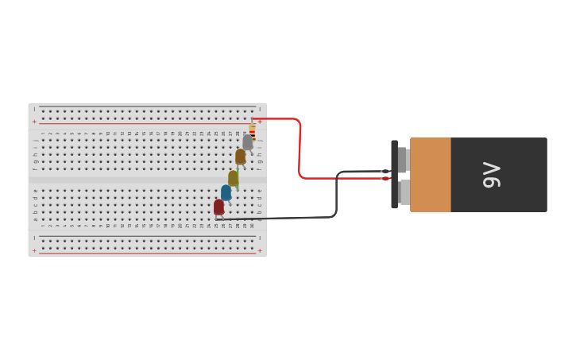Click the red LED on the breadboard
click(x=218, y=207)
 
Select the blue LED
click(x=226, y=192)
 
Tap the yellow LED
click(x=233, y=178)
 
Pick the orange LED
click(x=240, y=157)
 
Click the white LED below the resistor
click(x=247, y=142)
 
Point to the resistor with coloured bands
click(x=253, y=129)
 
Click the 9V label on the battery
click(x=492, y=175)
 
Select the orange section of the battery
click(x=431, y=175)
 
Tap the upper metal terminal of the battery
click(x=403, y=159)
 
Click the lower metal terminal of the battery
click(x=404, y=192)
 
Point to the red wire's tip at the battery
click(x=386, y=178)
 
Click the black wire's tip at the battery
click(x=385, y=171)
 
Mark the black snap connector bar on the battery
click(x=394, y=175)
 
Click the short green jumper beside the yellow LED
click(x=238, y=180)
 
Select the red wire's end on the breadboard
click(x=253, y=119)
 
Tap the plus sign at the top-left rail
click(x=34, y=122)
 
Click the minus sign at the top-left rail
click(x=34, y=109)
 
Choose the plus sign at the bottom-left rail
click(x=34, y=250)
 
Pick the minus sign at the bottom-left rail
click(x=34, y=238)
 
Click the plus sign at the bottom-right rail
click(x=260, y=250)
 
